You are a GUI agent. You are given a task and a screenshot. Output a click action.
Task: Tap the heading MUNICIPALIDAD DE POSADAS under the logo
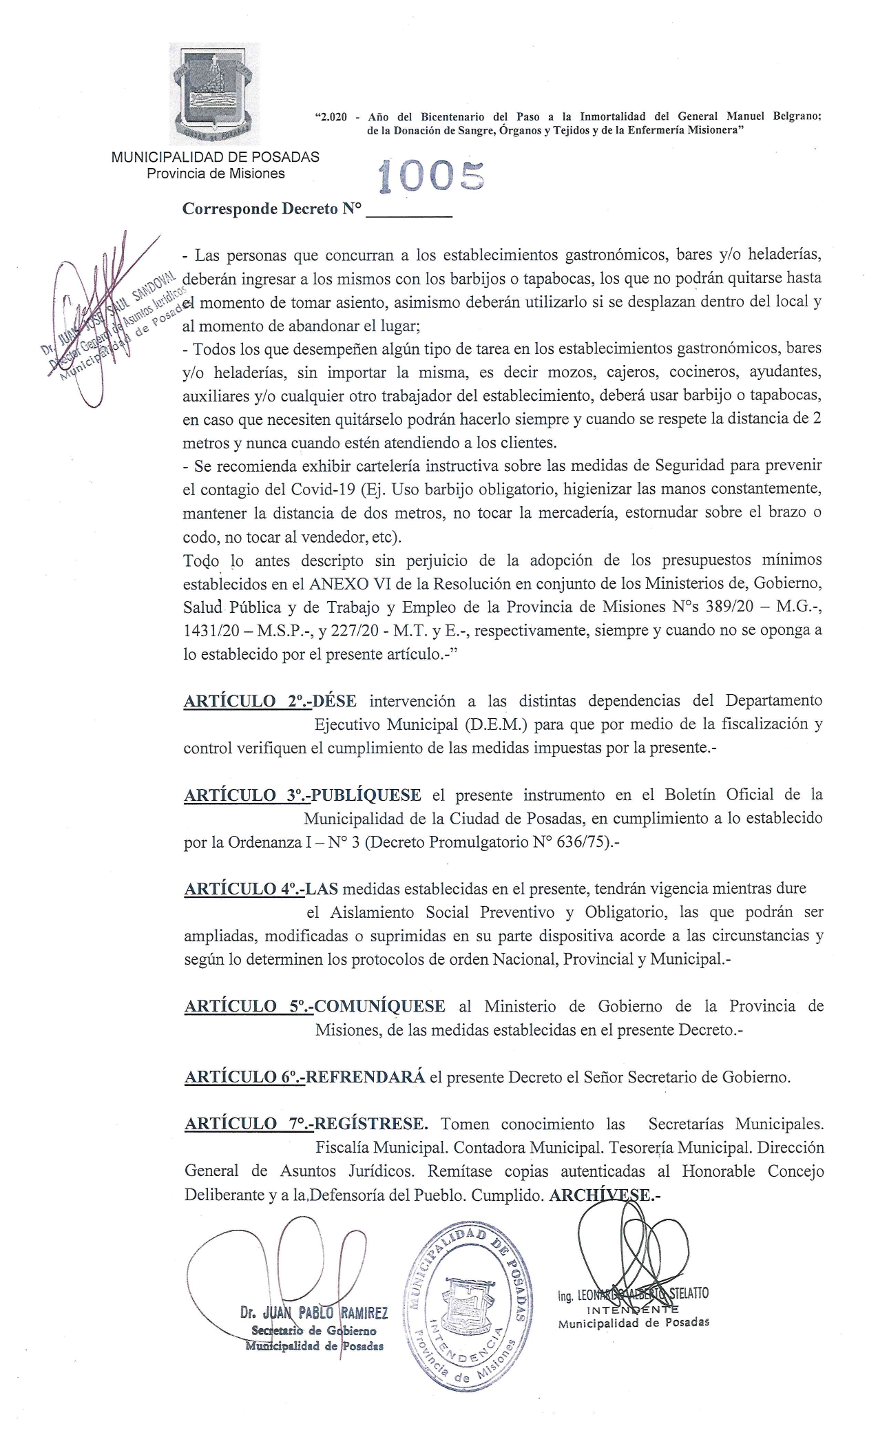(x=215, y=157)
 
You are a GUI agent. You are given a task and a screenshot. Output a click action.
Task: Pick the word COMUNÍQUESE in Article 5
(x=379, y=1006)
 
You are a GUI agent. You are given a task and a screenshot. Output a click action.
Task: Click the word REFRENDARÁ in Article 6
(x=365, y=1077)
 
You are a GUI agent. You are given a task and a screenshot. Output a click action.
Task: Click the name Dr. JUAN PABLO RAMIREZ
(x=314, y=1313)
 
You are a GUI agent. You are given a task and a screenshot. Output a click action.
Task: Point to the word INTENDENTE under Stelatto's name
(x=633, y=1310)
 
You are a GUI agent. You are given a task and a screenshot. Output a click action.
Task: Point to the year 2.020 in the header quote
(x=333, y=117)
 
